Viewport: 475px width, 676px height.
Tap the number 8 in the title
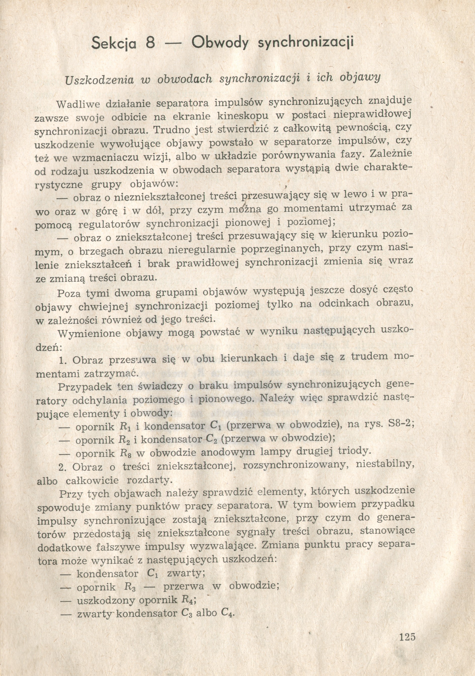[150, 43]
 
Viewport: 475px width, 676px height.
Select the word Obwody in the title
[220, 43]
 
